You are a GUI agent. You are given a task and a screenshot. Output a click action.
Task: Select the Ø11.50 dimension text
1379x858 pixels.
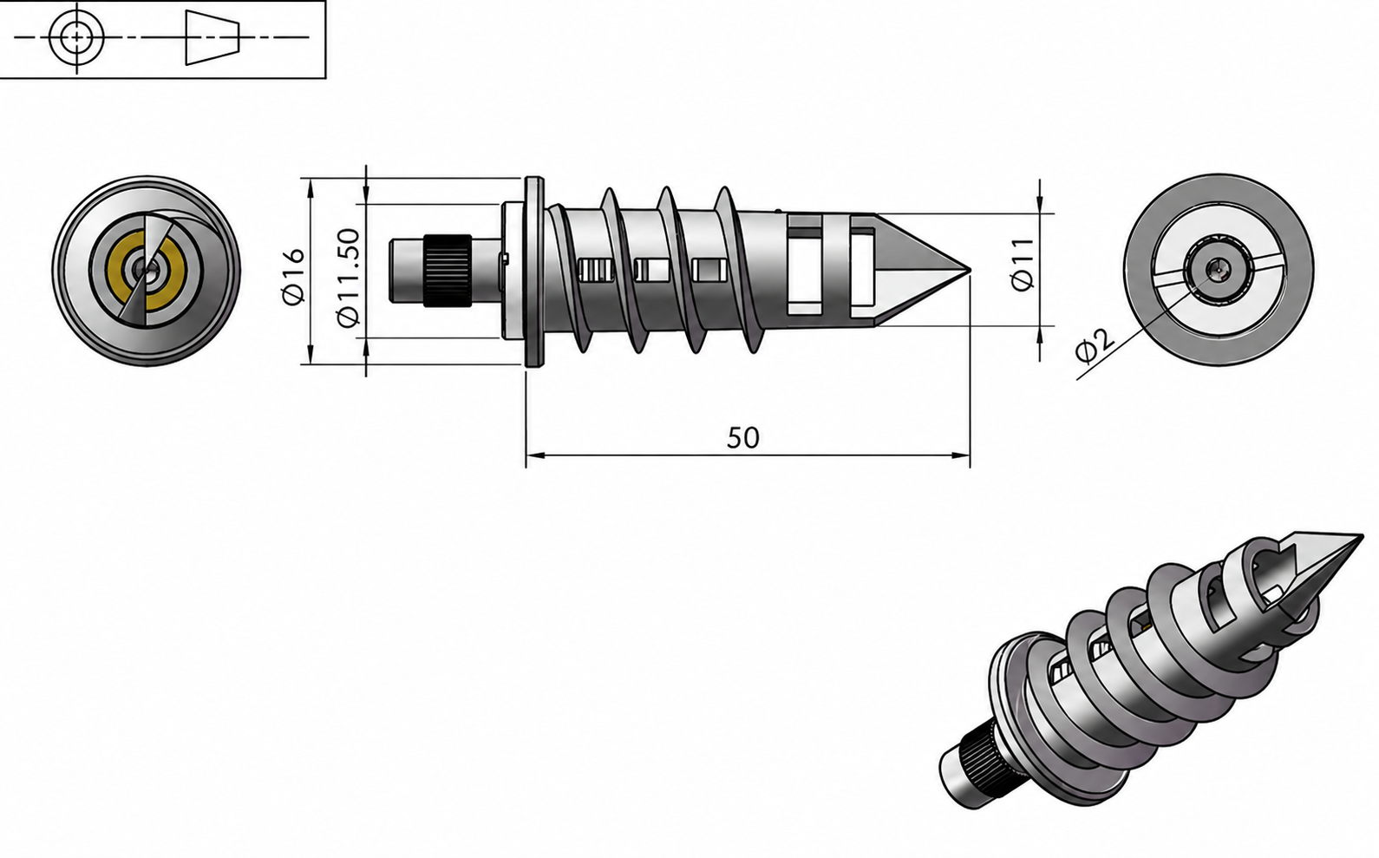[349, 278]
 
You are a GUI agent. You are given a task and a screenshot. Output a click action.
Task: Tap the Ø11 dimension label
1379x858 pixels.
[1023, 265]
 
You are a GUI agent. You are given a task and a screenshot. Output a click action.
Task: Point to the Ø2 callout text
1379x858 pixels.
[1095, 345]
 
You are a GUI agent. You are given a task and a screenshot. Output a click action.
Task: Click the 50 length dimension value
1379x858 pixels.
[743, 438]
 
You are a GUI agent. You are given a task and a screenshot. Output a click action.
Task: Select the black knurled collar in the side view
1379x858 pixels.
[448, 271]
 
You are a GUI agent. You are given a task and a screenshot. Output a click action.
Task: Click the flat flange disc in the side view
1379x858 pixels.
[534, 273]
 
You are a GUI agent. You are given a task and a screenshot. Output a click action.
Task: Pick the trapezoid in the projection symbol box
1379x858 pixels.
[212, 37]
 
